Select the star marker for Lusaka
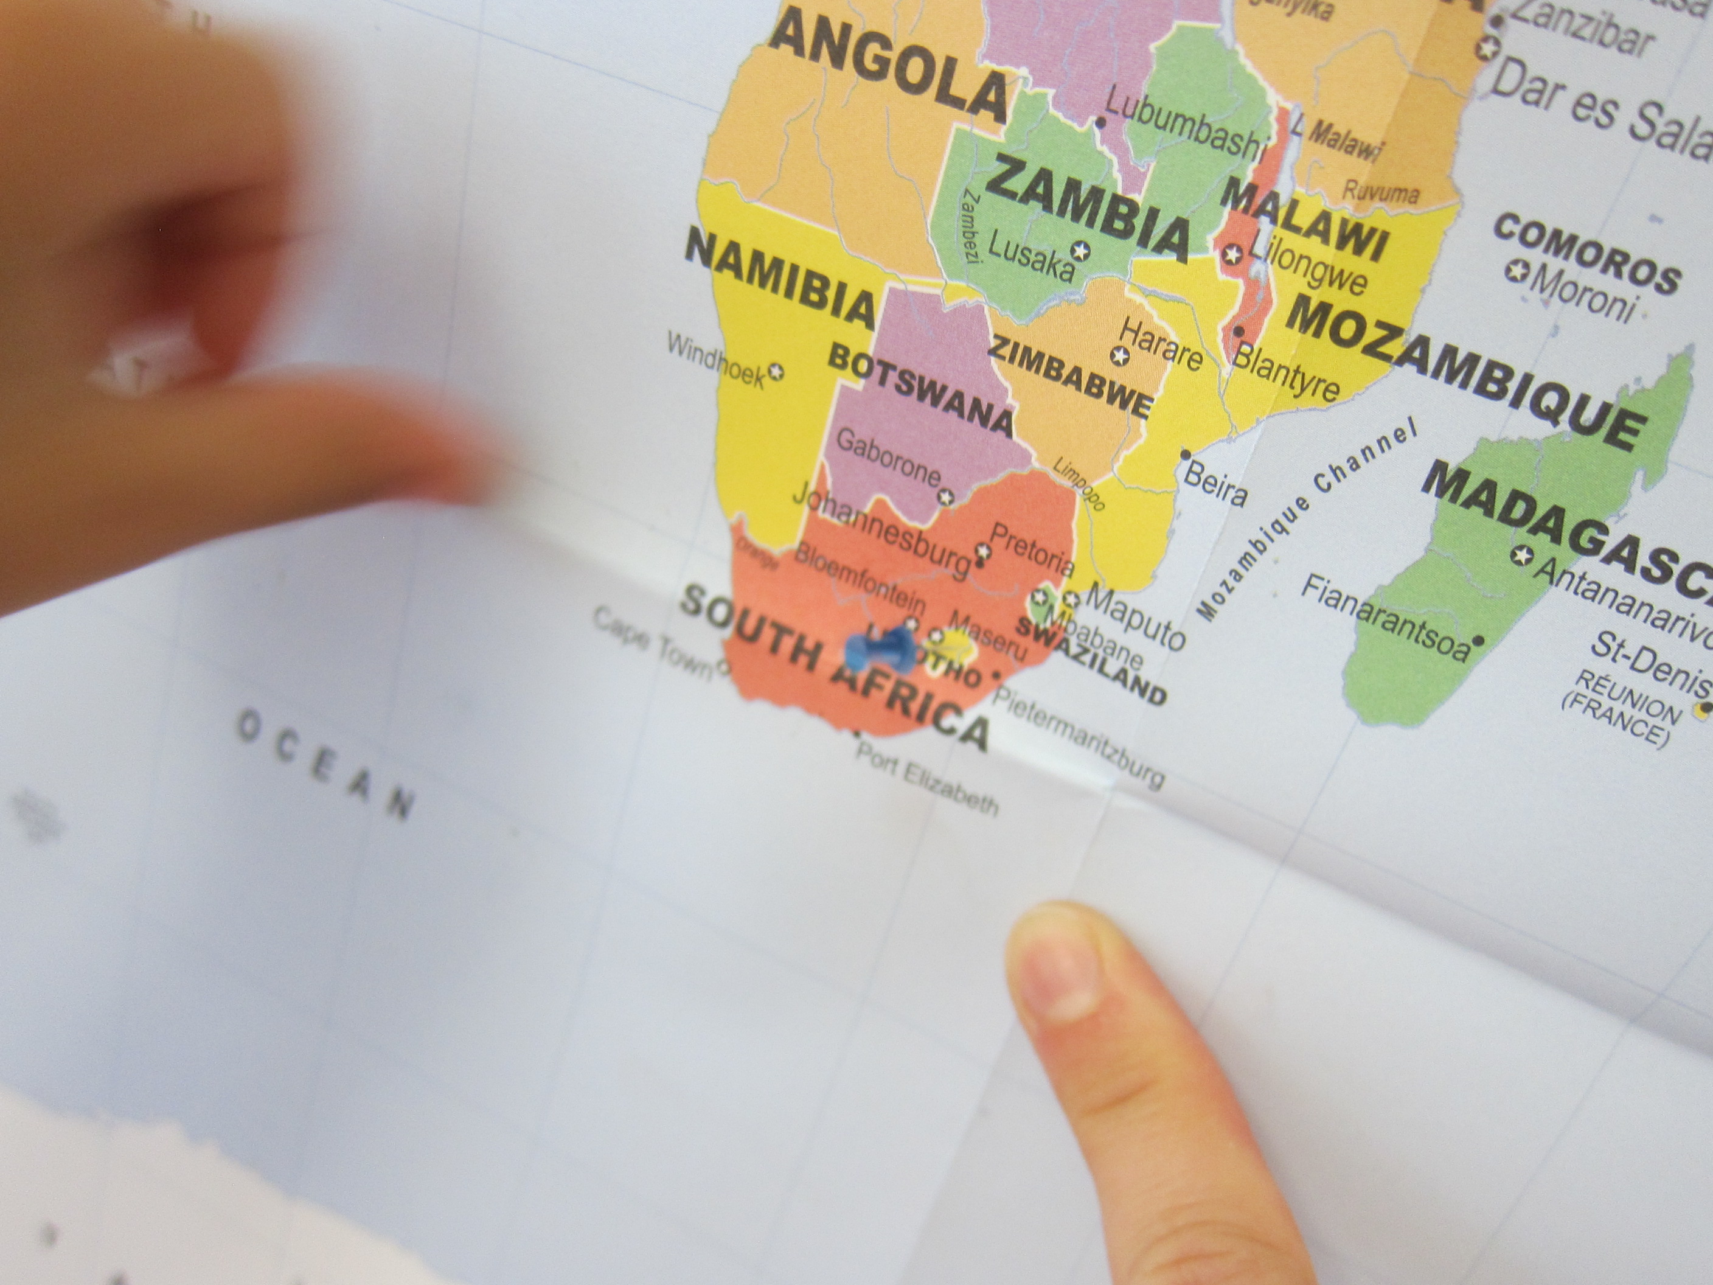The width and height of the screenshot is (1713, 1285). (1081, 250)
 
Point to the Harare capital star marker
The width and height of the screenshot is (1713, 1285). (1120, 357)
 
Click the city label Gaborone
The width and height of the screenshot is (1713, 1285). (888, 457)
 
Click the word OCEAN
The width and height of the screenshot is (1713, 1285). (325, 764)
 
